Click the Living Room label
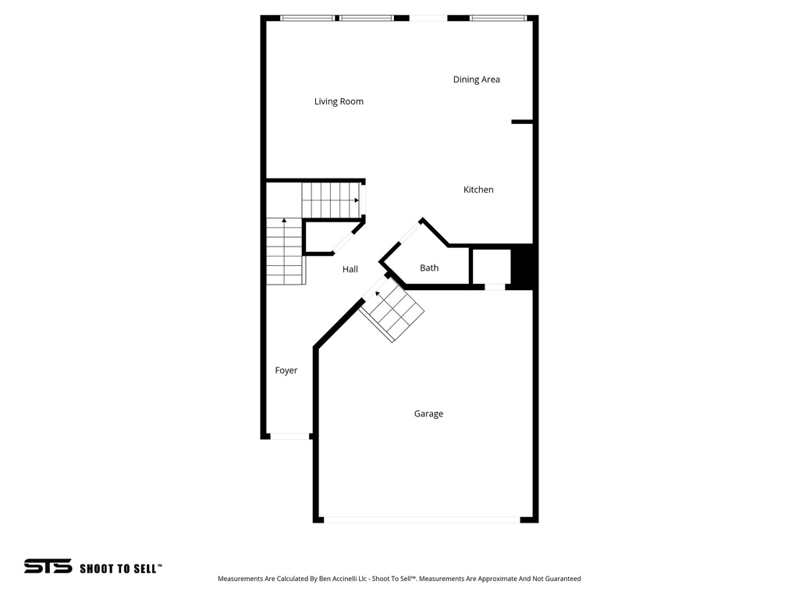[x=339, y=101]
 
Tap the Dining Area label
[x=476, y=80]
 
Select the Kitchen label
[x=478, y=190]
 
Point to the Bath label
[x=429, y=268]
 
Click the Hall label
[x=350, y=269]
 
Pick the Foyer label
[x=286, y=370]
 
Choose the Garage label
[x=428, y=414]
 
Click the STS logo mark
[x=48, y=567]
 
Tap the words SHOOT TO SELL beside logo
[x=120, y=569]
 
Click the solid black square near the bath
[x=521, y=266]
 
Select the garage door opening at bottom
[x=421, y=519]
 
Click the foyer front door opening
[x=289, y=436]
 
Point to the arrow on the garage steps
[x=378, y=294]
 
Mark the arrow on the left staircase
[x=284, y=222]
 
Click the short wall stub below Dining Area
[x=522, y=122]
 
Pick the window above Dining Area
[x=498, y=17]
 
